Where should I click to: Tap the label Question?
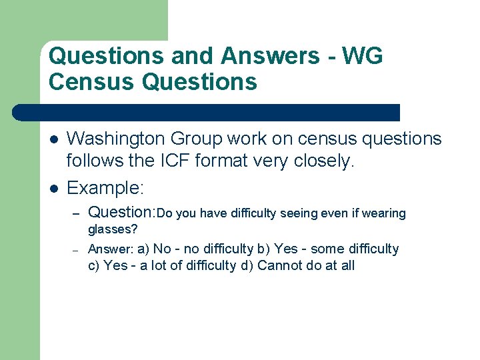[121, 213]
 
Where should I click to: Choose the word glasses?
[113, 229]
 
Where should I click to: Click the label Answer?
[111, 249]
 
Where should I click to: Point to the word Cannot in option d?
[278, 266]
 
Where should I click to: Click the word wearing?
[383, 213]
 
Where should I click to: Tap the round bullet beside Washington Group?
[53, 139]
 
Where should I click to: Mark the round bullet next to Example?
[53, 188]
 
